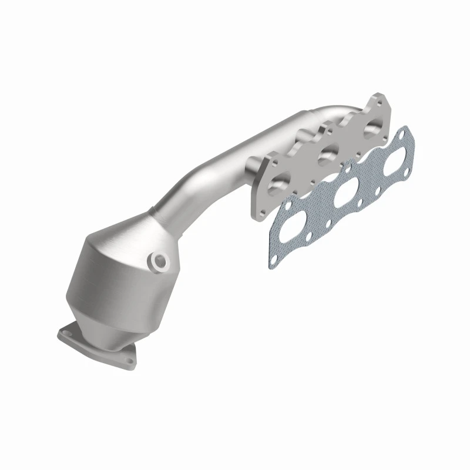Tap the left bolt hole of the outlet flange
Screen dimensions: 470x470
[66, 333]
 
